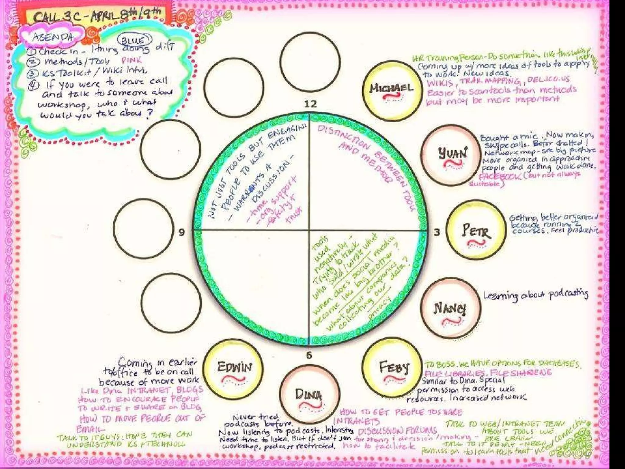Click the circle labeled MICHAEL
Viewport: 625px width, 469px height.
[x=392, y=90]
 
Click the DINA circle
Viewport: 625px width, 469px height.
[x=309, y=396]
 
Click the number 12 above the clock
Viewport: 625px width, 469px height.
[x=310, y=104]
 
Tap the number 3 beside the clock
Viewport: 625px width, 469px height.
[x=437, y=233]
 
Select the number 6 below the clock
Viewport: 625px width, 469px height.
[x=309, y=355]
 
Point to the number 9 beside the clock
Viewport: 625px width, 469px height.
[x=182, y=232]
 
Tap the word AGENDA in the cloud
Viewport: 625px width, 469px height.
[x=53, y=37]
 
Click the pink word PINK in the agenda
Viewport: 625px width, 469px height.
[x=132, y=60]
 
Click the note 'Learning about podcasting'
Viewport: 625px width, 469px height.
[x=536, y=295]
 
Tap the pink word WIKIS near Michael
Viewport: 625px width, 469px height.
[x=439, y=83]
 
